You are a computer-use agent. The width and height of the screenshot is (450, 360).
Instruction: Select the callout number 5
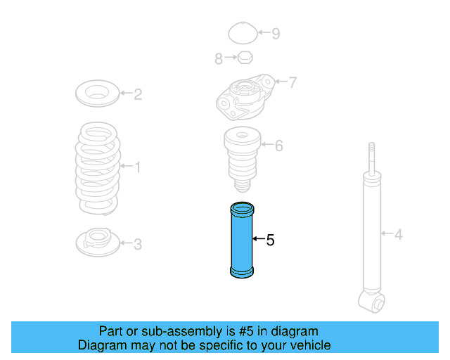[x=270, y=240]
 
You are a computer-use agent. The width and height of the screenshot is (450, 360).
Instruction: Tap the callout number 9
[x=276, y=33]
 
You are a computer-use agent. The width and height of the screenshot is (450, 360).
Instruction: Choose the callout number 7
[x=292, y=82]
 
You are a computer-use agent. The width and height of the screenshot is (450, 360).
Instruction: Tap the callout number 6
[x=279, y=146]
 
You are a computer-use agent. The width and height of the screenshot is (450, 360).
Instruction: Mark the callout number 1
[x=137, y=167]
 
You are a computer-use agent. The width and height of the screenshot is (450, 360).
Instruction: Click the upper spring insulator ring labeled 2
[x=98, y=93]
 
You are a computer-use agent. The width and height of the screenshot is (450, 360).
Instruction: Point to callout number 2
[x=138, y=94]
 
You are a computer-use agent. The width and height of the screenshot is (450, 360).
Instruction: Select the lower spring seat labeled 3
[x=96, y=242]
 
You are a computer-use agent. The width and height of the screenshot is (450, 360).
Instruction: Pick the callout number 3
[x=138, y=244]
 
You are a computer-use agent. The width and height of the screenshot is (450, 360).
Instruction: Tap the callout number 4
[x=399, y=234]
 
